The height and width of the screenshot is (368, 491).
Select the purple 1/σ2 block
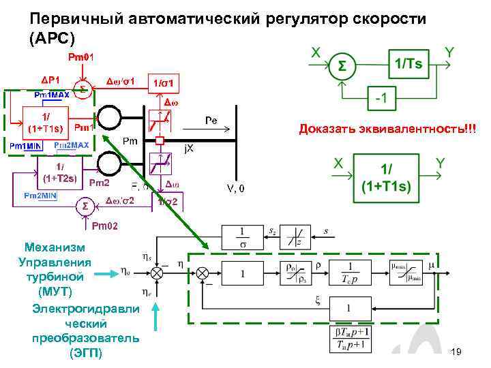pyautogui.click(x=166, y=202)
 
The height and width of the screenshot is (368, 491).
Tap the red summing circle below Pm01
pyautogui.click(x=83, y=90)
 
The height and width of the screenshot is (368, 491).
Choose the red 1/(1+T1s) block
pyautogui.click(x=43, y=121)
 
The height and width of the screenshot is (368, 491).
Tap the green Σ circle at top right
pyautogui.click(x=341, y=66)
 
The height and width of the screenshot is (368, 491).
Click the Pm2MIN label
pyautogui.click(x=41, y=196)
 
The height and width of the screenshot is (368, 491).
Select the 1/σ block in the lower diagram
pyautogui.click(x=241, y=239)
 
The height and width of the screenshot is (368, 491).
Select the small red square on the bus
pyautogui.click(x=160, y=141)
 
